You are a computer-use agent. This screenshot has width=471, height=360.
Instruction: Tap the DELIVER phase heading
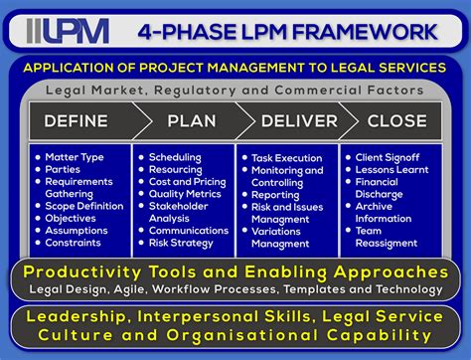(295, 121)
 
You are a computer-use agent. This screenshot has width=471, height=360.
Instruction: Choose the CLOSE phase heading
(396, 121)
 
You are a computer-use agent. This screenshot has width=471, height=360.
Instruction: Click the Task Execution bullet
(289, 157)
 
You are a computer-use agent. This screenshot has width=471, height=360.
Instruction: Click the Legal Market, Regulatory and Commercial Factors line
(235, 90)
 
